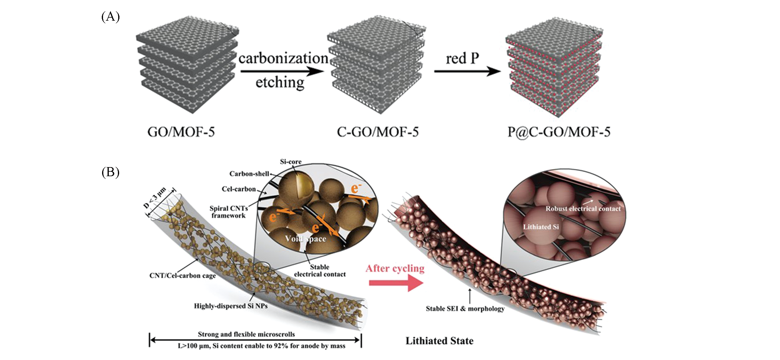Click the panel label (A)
110,17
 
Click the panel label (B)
110,172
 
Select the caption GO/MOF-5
181,132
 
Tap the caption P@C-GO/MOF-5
559,132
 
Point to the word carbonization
283,58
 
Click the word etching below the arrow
280,82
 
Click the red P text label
462,58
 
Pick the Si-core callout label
291,162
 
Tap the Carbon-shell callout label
249,174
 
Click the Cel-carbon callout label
239,189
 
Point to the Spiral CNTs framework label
229,212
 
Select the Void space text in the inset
306,239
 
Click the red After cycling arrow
396,283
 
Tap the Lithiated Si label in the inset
541,227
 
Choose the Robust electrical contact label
583,209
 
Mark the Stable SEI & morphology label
465,309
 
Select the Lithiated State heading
439,341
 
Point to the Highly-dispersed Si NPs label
231,306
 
